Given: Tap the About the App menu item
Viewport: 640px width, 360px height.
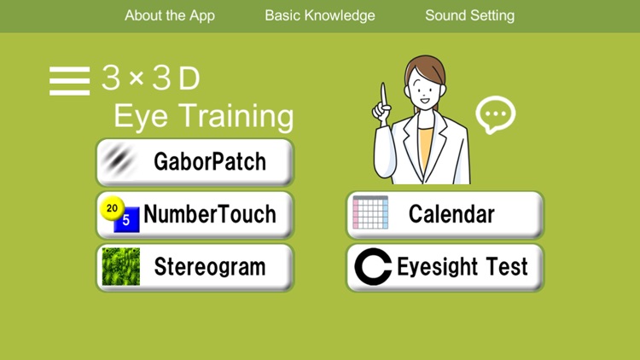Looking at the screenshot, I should point(170,15).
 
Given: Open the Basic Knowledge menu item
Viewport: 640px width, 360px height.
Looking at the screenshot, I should point(320,15).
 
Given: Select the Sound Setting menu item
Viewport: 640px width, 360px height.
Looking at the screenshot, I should point(469,15).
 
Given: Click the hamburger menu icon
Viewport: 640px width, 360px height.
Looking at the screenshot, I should point(69,80).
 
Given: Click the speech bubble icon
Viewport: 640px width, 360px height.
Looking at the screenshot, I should point(495,114).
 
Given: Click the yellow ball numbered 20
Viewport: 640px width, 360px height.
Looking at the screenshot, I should point(111,206).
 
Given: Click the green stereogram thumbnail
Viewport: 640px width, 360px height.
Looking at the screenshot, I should point(120,267).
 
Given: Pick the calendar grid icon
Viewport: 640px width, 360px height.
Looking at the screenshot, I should point(370,213).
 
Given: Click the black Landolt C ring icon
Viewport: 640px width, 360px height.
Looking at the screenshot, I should point(373,267).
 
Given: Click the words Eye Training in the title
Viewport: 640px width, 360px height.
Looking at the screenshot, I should point(203,117).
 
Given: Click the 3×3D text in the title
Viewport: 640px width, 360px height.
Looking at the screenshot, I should point(151,79).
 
